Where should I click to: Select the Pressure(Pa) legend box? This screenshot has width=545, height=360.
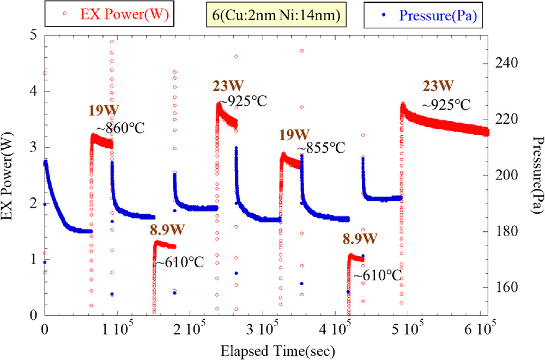pyautogui.click(x=426, y=15)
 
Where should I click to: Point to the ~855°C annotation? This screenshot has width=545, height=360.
pyautogui.click(x=322, y=148)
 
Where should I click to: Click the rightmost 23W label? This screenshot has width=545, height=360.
pyautogui.click(x=438, y=86)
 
